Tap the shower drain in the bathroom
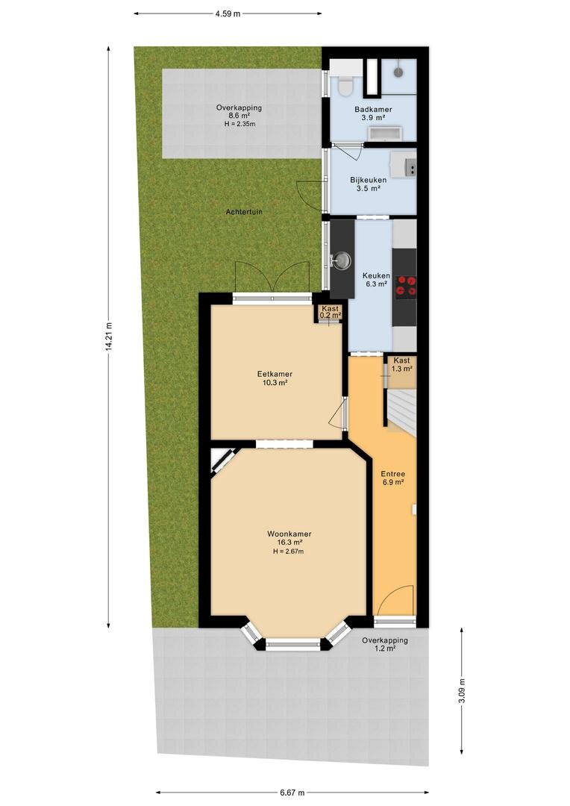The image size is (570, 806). point(399,72)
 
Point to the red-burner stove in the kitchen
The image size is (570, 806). point(406,286)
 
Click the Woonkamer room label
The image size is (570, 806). point(289,534)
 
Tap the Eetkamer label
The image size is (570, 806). point(275,374)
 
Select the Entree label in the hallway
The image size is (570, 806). point(392,474)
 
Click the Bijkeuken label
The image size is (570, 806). point(368,180)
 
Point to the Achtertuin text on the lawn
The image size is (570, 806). point(244,212)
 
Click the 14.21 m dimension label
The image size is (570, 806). point(108,337)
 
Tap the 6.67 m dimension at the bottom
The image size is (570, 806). point(292,792)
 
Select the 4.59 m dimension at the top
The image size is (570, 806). point(228,14)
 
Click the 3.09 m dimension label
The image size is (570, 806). point(461,690)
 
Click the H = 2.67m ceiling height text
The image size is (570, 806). point(288,552)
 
